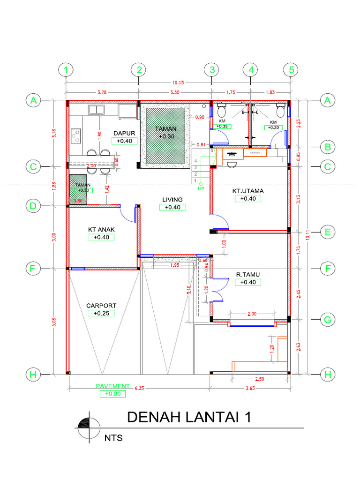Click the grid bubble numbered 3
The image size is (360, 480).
212,70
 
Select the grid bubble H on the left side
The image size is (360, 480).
33,375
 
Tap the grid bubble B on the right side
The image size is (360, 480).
328,147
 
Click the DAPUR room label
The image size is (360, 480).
124,133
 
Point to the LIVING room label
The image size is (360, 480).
172,200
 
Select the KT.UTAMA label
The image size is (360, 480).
248,191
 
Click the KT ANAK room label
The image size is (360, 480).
101,229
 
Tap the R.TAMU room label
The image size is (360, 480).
248,274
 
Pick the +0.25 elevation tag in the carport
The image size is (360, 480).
101,313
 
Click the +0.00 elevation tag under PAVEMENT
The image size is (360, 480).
112,394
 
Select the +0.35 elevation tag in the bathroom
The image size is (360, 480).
222,126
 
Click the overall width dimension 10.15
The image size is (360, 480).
178,82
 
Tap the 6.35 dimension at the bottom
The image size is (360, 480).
138,388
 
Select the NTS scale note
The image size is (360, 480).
113,439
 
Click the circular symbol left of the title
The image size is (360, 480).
90,428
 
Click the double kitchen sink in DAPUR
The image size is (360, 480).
97,110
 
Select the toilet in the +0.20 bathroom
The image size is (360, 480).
281,112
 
